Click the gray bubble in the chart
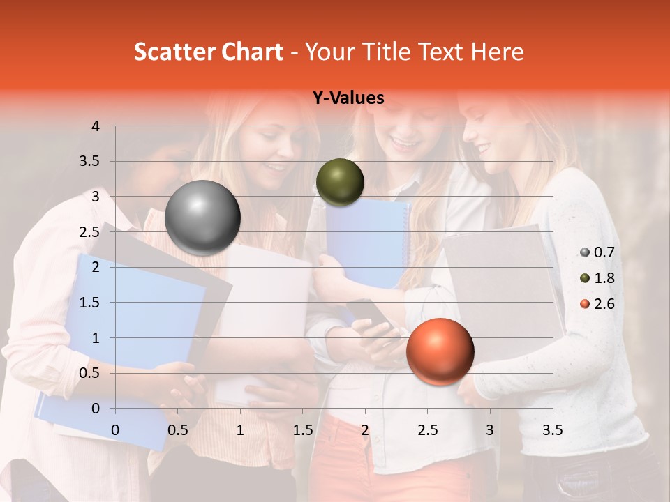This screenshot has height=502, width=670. (203, 218)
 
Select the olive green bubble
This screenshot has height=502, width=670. (340, 182)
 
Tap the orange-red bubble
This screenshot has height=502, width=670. (440, 351)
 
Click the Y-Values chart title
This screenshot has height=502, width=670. (348, 98)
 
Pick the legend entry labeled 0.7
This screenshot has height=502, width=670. (597, 252)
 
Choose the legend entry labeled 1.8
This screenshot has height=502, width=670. (597, 278)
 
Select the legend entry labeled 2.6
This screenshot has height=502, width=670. (597, 304)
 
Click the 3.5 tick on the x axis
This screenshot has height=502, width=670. (552, 429)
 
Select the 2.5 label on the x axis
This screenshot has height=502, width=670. (427, 429)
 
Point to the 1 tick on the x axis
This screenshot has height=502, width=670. (240, 429)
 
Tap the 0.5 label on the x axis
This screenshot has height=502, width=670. (177, 429)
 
